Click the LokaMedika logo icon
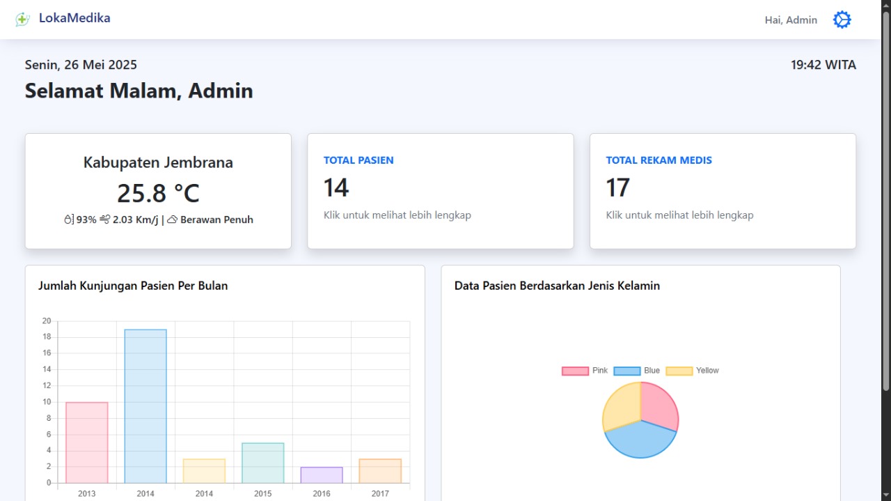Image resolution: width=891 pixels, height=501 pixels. pyautogui.click(x=22, y=20)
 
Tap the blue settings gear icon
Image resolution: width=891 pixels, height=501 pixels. pyautogui.click(x=842, y=20)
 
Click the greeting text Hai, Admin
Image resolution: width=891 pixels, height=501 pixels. pyautogui.click(x=791, y=20)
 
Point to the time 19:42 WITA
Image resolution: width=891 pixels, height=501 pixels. pyautogui.click(x=823, y=65)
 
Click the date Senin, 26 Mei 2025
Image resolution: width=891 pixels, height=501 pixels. pyautogui.click(x=81, y=65)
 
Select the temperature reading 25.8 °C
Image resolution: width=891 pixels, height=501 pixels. pyautogui.click(x=158, y=193)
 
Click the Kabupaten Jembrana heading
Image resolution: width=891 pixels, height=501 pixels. pyautogui.click(x=158, y=162)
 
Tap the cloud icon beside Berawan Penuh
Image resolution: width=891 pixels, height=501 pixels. pyautogui.click(x=172, y=219)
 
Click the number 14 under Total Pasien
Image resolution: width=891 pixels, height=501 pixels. pyautogui.click(x=336, y=188)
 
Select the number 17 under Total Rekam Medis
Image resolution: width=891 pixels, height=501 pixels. pyautogui.click(x=618, y=188)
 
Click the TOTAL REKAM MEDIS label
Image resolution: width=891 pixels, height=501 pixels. pyautogui.click(x=659, y=160)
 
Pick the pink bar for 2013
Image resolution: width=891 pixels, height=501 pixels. pyautogui.click(x=87, y=442)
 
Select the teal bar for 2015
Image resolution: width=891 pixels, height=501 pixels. pyautogui.click(x=262, y=463)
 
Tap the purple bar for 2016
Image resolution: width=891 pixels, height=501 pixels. pyautogui.click(x=322, y=475)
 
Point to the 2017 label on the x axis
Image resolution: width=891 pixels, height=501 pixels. pyautogui.click(x=380, y=493)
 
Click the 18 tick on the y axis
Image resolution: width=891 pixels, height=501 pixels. pyautogui.click(x=47, y=337)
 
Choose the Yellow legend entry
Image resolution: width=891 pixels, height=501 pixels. pyautogui.click(x=693, y=371)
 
